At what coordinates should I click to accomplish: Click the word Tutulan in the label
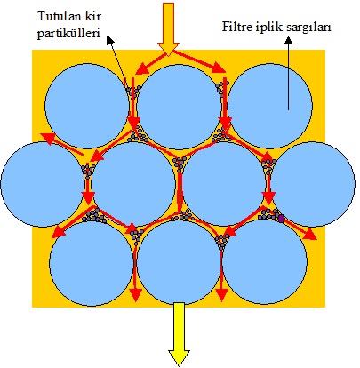[59, 16]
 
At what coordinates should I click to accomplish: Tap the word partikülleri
[68, 34]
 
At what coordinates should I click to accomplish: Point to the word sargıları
[308, 28]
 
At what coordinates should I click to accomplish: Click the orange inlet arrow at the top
[168, 29]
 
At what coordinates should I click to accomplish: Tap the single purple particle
[281, 219]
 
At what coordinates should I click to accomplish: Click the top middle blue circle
[180, 106]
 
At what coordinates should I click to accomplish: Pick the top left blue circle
[87, 106]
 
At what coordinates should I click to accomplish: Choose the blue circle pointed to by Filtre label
[270, 106]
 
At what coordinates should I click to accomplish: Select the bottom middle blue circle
[179, 262]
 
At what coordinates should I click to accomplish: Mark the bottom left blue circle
[91, 263]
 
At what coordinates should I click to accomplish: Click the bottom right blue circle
[265, 262]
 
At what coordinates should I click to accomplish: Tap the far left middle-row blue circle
[43, 184]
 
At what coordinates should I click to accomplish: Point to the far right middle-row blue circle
[313, 184]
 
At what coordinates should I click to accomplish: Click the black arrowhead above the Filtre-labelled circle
[288, 41]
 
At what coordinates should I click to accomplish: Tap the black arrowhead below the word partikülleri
[110, 40]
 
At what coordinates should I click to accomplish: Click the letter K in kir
[87, 16]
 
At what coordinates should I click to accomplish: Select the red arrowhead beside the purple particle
[309, 235]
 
